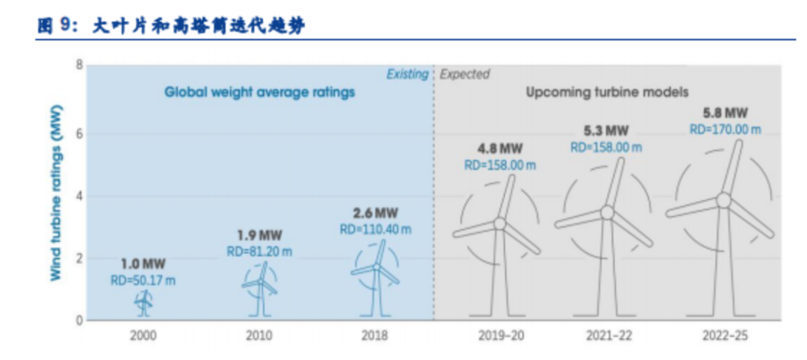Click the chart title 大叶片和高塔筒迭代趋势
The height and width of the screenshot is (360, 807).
[x=199, y=25]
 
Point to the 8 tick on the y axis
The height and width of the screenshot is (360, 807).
[x=78, y=65]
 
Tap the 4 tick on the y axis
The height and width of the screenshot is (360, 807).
[x=78, y=196]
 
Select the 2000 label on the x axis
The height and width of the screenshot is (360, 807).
[x=143, y=336]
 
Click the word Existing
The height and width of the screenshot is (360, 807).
[x=408, y=75]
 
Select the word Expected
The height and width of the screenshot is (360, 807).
[x=465, y=75]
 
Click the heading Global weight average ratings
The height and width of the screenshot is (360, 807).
[x=260, y=93]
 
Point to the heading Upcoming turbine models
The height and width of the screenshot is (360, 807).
[x=607, y=93]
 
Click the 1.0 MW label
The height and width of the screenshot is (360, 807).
[x=143, y=265]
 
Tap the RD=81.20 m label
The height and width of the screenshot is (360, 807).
[x=260, y=252]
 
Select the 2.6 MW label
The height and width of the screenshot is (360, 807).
[x=376, y=213]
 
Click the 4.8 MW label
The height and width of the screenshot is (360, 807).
[x=500, y=149]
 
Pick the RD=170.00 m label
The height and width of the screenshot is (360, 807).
[x=725, y=128]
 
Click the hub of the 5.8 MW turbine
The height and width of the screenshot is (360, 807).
[x=723, y=200]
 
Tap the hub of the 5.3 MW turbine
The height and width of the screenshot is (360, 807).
[x=607, y=212]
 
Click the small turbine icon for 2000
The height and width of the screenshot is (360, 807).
[x=143, y=303]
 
